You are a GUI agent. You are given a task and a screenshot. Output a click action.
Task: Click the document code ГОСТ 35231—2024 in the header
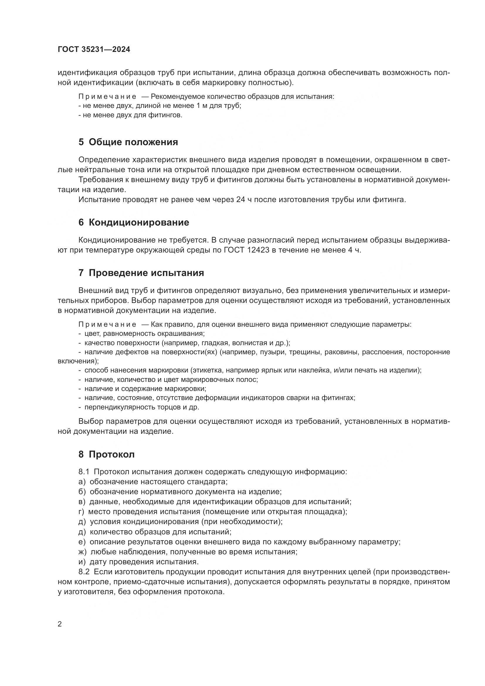(x=94, y=50)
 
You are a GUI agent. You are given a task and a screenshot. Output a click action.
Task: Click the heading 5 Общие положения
(x=128, y=142)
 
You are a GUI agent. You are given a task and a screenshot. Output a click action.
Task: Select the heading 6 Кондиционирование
(x=134, y=223)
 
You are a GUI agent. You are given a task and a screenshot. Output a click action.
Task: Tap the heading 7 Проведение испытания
(x=141, y=273)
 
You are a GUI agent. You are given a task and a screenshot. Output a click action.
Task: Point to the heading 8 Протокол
(x=107, y=454)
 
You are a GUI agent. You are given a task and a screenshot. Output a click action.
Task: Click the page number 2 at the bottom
(x=60, y=624)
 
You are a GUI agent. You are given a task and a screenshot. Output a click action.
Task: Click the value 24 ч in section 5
(x=241, y=200)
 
